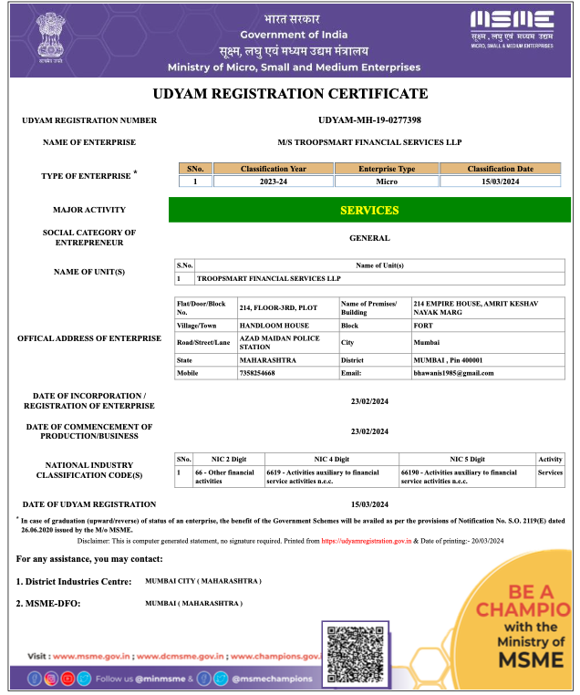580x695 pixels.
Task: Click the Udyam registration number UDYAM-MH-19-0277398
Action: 369,120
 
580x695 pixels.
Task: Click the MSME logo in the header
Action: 512,28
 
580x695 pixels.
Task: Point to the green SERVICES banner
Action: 369,211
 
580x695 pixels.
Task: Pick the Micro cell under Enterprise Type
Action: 387,182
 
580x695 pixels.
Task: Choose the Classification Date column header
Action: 500,169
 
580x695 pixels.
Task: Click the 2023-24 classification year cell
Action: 273,182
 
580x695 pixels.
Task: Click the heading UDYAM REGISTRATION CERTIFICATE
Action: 290,94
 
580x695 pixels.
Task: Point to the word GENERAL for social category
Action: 369,238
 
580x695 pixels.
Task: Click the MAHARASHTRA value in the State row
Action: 267,360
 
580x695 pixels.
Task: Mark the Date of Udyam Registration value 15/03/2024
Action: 369,504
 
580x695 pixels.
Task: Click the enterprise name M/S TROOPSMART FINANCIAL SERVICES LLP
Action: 369,142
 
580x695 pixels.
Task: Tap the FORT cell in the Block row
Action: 421,325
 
